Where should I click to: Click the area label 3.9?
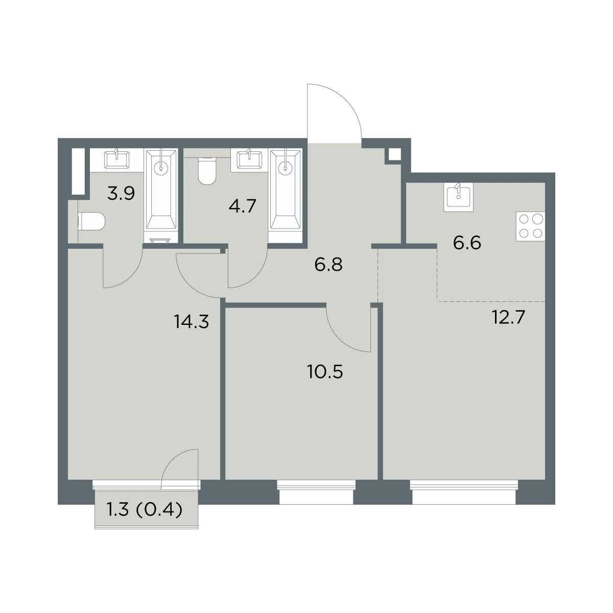[121, 194]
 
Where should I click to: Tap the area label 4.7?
[243, 206]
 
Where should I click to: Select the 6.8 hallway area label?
[328, 265]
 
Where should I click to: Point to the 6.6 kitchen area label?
[467, 243]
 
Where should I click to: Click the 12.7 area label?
[508, 317]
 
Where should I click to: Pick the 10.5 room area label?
[325, 371]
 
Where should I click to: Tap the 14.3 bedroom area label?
[191, 322]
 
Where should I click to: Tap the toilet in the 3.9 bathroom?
[91, 221]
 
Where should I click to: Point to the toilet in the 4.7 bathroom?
[207, 171]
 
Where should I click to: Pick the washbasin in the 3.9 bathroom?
[117, 159]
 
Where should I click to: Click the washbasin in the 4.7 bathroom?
[249, 159]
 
